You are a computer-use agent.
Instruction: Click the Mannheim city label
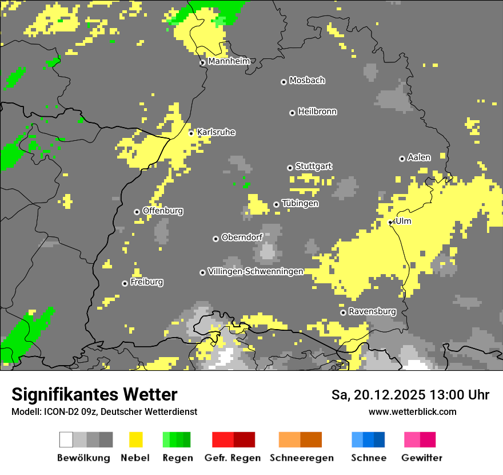229,61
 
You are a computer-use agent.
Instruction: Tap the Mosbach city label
307,81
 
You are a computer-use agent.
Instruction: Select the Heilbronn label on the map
317,112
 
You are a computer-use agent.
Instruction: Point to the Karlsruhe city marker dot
191,133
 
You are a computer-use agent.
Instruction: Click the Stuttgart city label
313,167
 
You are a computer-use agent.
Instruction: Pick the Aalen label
419,157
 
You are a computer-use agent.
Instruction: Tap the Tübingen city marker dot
276,204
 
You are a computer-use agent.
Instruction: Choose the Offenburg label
163,211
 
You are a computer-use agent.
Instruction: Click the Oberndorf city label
242,237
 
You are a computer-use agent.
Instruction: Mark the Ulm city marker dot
390,222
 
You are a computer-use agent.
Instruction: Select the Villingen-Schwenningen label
256,271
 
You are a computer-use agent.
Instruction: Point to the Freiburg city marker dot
125,283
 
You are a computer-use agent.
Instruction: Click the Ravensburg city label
372,311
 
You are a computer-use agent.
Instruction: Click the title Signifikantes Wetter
94,394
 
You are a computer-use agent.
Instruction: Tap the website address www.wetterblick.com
412,411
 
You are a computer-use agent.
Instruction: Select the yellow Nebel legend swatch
136,440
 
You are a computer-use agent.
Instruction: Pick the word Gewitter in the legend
422,458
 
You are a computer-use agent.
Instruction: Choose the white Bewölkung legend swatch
66,440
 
